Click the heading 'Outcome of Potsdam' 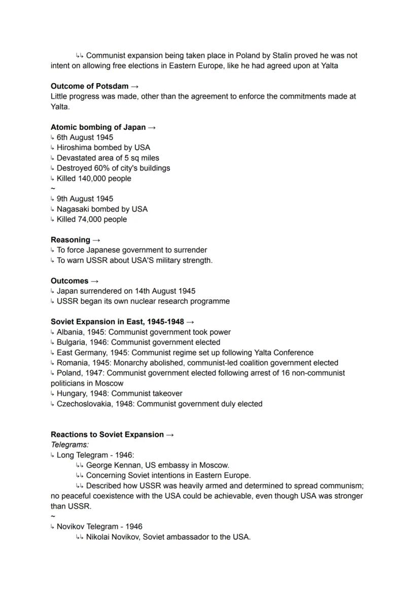tap(89, 86)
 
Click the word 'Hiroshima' tap(74, 148)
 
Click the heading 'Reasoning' tap(70, 240)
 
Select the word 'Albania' tap(71, 332)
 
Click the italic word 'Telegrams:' tap(69, 445)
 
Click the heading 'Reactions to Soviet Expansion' tap(107, 435)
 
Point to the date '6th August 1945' tap(85, 137)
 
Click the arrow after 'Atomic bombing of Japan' tap(152, 127)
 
